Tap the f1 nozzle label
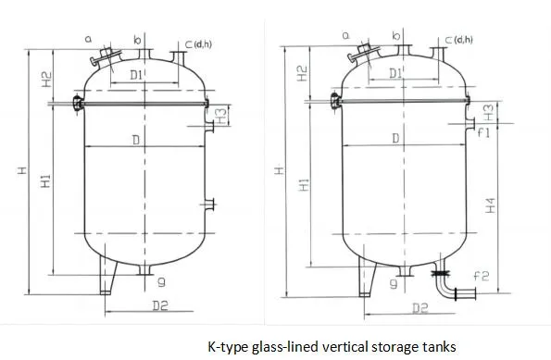[x=482, y=132]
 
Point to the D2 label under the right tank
[x=420, y=306]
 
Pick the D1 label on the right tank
[x=395, y=72]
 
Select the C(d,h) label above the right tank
[x=460, y=39]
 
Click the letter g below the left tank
[x=160, y=280]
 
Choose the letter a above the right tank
[x=344, y=35]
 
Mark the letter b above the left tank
[x=137, y=40]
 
